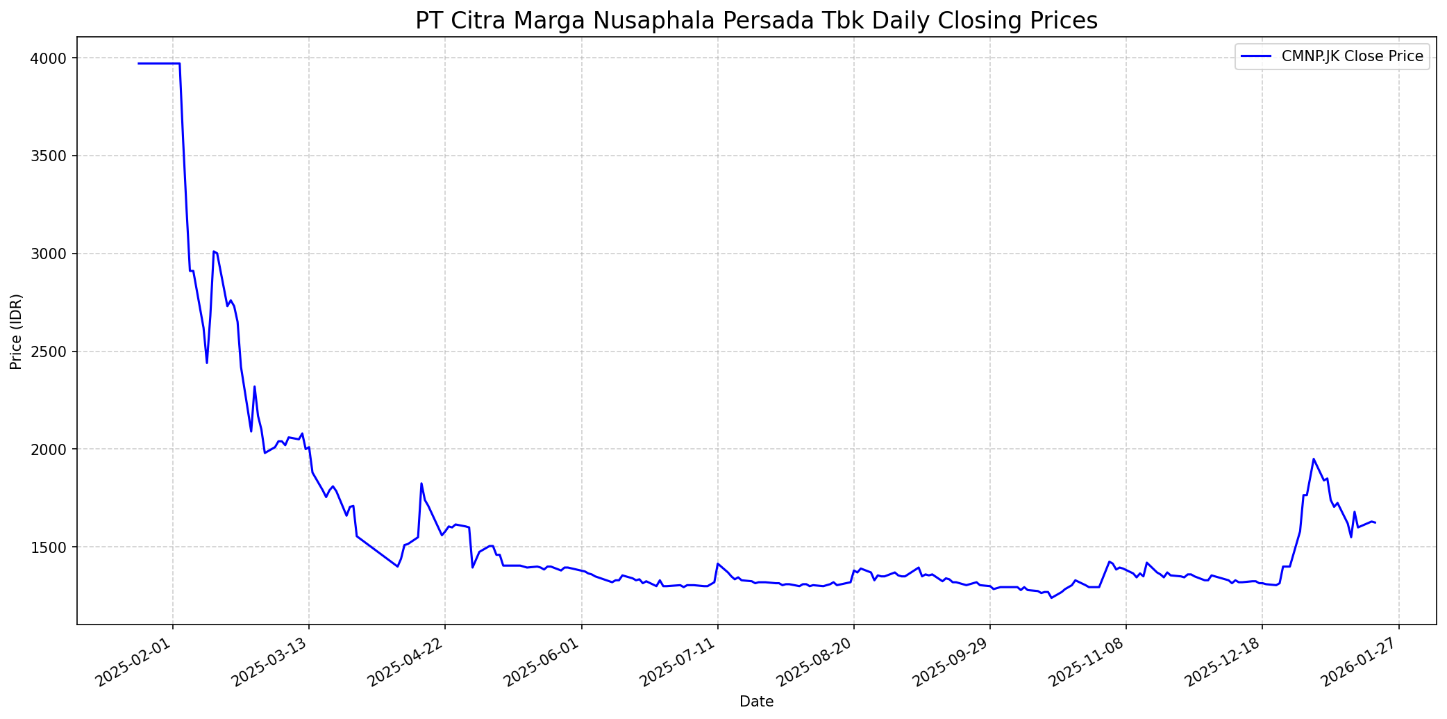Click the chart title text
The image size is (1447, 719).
click(756, 21)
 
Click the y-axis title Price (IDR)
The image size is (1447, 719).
click(17, 331)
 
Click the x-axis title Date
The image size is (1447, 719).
click(756, 702)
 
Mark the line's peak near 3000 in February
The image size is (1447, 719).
click(214, 251)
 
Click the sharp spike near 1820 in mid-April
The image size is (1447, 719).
click(421, 484)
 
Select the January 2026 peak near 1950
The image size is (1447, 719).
click(1313, 458)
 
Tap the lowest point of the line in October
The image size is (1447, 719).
click(1051, 597)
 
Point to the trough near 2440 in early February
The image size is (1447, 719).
click(207, 363)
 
